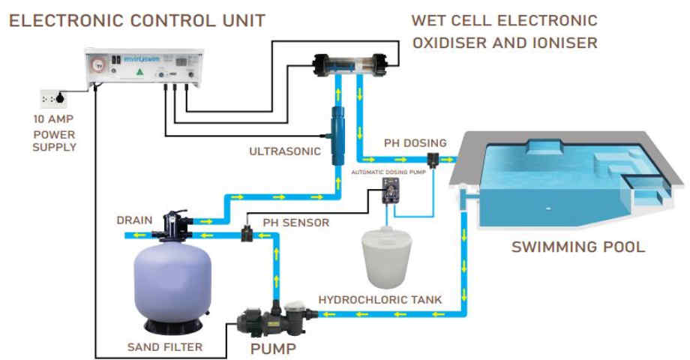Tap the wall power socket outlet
click(x=55, y=97)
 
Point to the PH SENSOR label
click(x=295, y=223)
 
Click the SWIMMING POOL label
click(x=577, y=247)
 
